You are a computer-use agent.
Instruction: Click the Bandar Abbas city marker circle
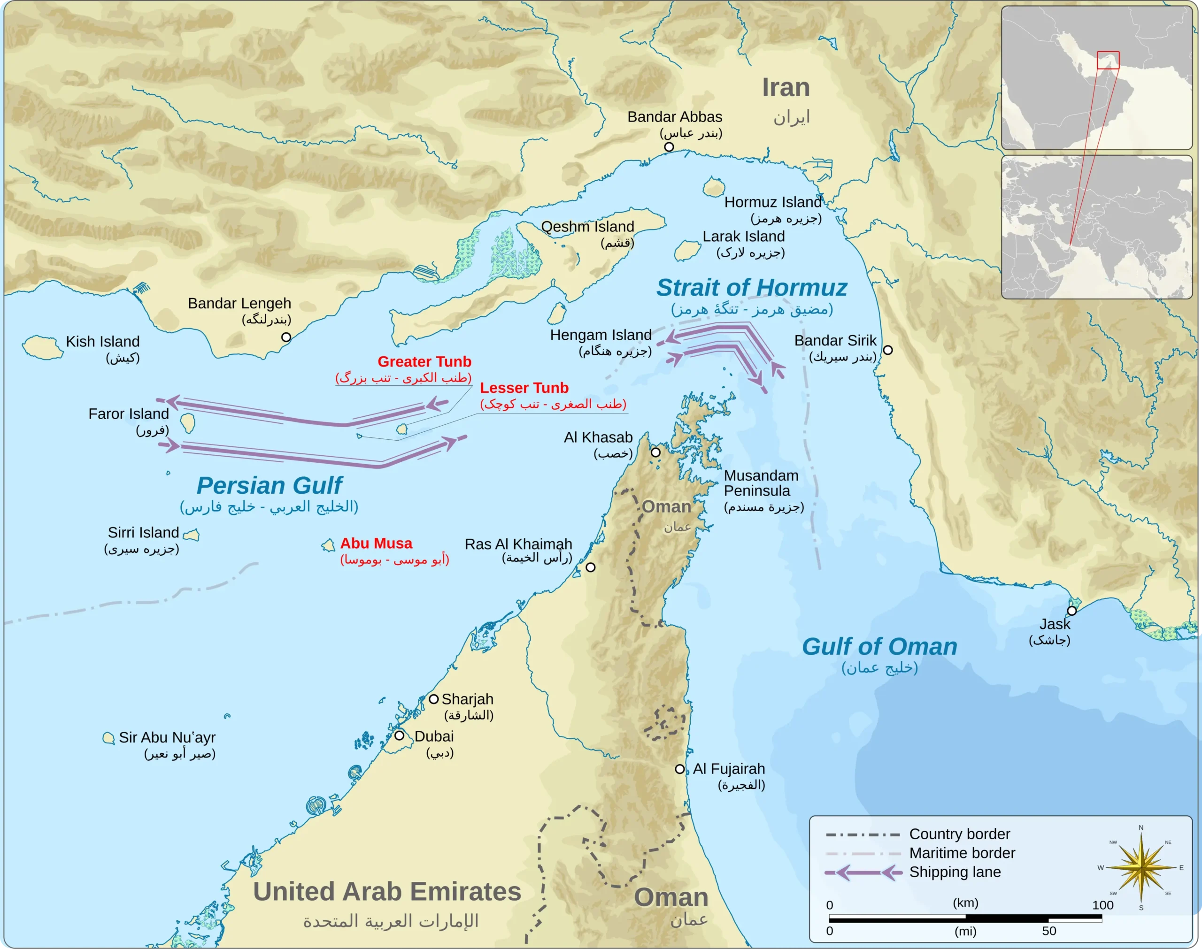pos(669,147)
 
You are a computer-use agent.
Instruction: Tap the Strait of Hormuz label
pos(751,288)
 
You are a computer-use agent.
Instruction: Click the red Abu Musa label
pos(376,543)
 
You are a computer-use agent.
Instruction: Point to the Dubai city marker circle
pos(399,735)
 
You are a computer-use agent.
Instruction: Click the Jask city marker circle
pos(1071,611)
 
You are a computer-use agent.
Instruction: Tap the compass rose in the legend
pos(1140,868)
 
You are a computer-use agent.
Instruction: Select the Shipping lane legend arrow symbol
pos(863,872)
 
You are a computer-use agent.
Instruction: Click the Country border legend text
pos(959,834)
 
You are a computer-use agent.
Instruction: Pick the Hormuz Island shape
pos(713,187)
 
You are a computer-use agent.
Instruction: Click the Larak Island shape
pos(687,251)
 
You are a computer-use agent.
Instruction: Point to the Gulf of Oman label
pos(879,647)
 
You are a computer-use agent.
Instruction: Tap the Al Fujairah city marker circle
pos(679,769)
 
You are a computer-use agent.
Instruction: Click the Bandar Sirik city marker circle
pos(887,350)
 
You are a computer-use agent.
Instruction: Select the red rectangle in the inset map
pos(1108,60)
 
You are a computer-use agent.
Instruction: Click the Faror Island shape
pos(188,423)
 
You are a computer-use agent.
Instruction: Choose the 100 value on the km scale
pos(1102,905)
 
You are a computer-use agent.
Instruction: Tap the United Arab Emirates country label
pos(387,892)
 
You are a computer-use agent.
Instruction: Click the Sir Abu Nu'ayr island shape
pos(108,738)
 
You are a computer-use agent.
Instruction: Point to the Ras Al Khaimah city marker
pos(591,567)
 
